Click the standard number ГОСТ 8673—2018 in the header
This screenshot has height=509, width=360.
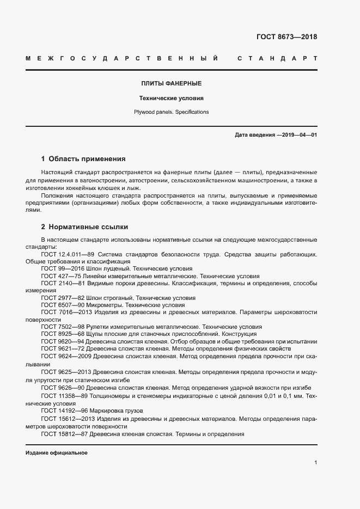286,38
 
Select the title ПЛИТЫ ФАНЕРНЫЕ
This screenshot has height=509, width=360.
172,84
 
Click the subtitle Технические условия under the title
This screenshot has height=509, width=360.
172,99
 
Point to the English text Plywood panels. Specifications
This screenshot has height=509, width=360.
172,112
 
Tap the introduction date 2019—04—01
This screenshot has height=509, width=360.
297,134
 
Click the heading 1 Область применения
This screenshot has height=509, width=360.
83,160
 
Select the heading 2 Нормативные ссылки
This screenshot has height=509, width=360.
84,226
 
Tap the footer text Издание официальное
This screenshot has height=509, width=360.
57,453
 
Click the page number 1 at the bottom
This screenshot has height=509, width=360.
315,463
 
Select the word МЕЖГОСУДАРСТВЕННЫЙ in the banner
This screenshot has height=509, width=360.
122,59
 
